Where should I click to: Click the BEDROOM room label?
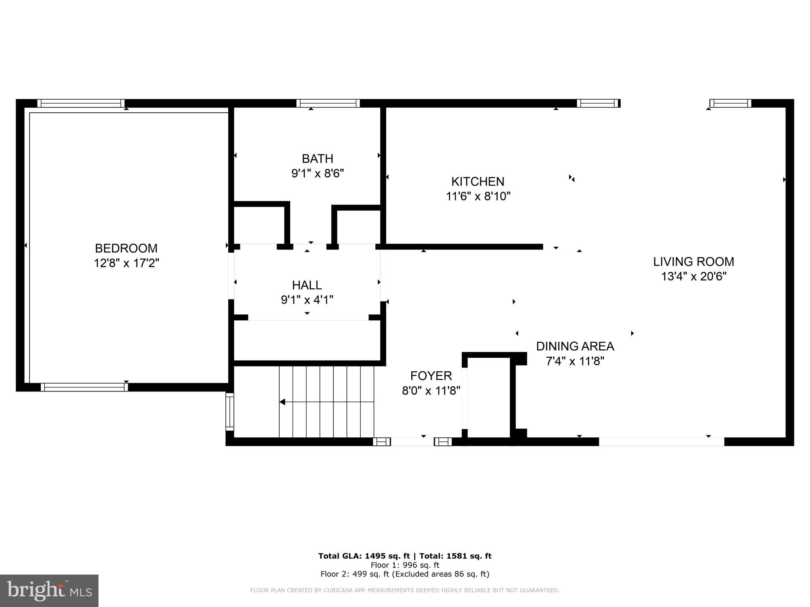[126, 248]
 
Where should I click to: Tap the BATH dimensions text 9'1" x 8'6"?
[318, 174]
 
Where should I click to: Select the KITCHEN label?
[478, 182]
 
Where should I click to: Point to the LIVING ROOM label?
[693, 262]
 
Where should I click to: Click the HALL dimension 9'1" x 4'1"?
[307, 300]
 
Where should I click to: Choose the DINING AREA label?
[575, 346]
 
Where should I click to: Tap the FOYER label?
[431, 376]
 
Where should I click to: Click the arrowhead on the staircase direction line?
[282, 402]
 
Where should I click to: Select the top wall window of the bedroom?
[81, 104]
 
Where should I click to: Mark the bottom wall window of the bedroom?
[84, 387]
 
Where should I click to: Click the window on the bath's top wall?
[328, 104]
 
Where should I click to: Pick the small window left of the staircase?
[230, 412]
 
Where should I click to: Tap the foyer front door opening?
[412, 442]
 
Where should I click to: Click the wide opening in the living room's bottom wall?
[661, 442]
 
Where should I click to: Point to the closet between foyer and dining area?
[489, 397]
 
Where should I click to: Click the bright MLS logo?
[49, 590]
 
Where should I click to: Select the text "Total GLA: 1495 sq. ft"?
[364, 556]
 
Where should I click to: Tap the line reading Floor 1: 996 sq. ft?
[405, 565]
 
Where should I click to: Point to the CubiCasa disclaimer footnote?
[405, 590]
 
